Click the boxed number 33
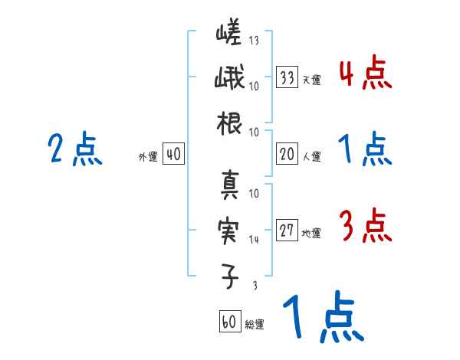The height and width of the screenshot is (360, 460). click(x=287, y=77)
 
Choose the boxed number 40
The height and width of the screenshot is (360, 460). click(x=173, y=155)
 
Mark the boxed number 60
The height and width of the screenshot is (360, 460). click(x=229, y=322)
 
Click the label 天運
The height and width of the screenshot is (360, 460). click(x=311, y=80)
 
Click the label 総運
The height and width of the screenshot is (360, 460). click(x=255, y=324)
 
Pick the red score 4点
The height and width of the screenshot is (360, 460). click(x=365, y=74)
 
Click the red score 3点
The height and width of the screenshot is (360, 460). click(x=365, y=227)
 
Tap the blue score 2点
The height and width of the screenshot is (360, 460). click(x=75, y=149)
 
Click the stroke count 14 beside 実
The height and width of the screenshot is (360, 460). click(x=254, y=240)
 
